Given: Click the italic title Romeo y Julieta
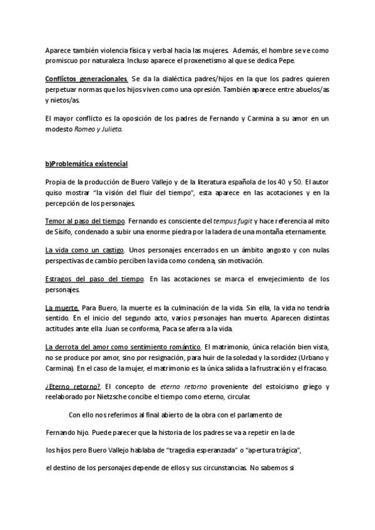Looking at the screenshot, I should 104,129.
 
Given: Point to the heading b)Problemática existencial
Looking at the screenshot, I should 86,164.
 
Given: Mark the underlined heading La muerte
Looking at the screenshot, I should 61,308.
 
